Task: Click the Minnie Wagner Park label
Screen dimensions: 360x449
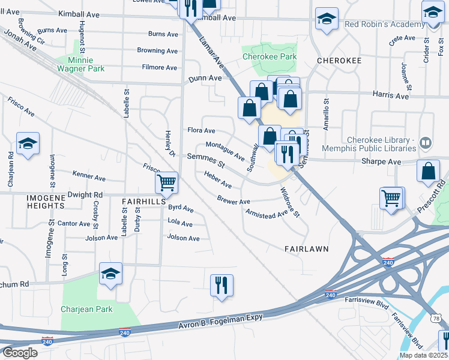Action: [x=82, y=64]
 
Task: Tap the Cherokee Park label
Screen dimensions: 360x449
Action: [x=270, y=58]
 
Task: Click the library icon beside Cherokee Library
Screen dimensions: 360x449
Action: [x=426, y=142]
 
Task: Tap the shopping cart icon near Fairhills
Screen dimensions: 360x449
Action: [x=166, y=181]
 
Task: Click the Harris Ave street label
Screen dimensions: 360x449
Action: [x=390, y=95]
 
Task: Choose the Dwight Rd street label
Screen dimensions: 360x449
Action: [x=85, y=195]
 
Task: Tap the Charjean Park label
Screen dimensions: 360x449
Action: [x=86, y=310]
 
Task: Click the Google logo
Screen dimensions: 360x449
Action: [x=20, y=353]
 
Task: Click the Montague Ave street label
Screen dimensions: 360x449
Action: [x=225, y=151]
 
